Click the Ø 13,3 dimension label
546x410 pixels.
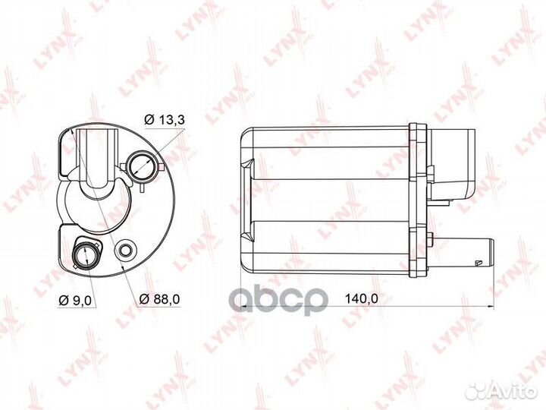coord(165,120)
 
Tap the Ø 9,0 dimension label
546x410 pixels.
coord(75,300)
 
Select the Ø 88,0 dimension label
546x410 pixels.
coord(159,299)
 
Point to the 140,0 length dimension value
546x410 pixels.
coord(362,298)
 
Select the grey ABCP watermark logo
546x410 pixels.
coord(281,300)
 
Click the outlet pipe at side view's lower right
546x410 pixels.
coord(463,252)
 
